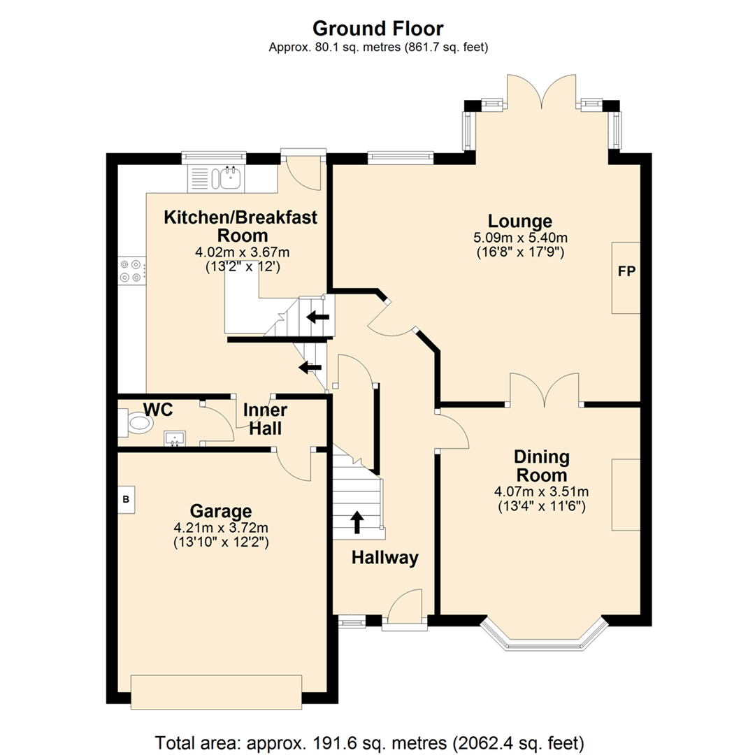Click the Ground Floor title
pos(377,29)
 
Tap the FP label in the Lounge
pos(626,272)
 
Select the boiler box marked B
pos(127,499)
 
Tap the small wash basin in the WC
pos(175,438)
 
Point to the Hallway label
pos(384,558)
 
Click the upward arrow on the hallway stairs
pos(357,522)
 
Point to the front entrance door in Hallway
pos(405,608)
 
